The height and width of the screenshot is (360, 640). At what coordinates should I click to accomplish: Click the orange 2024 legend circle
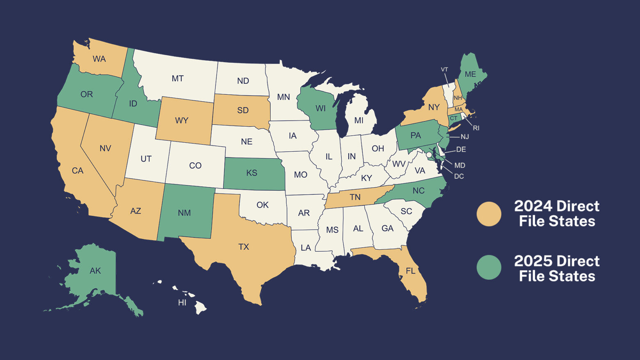pos(489,214)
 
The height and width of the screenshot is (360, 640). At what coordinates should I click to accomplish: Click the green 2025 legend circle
pos(489,267)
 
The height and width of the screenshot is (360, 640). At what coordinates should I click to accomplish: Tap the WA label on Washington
pos(99,59)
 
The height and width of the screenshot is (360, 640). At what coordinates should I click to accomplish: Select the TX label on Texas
pos(244,247)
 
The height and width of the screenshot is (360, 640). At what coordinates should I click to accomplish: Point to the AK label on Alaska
pos(95,271)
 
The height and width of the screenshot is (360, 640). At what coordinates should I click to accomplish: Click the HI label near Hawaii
pos(182,303)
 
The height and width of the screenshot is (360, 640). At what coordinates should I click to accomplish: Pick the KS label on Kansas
pos(251,173)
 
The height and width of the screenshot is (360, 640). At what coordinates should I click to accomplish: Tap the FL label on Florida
pos(410,271)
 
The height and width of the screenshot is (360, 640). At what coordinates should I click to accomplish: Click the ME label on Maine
pos(470,74)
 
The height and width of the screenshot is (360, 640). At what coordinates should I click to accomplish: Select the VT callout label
pos(444,69)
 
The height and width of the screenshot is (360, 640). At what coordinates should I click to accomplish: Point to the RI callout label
pos(476,128)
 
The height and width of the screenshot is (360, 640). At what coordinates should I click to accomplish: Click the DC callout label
pos(459,176)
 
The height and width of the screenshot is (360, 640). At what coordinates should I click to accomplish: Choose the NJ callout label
pos(464,137)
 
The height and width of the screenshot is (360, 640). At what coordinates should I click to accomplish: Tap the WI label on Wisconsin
pos(320,108)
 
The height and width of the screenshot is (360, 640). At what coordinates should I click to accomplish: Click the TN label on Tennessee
pos(355,197)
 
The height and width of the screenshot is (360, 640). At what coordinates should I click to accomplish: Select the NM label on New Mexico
pos(184,213)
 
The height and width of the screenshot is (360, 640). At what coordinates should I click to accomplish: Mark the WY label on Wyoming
pos(182,121)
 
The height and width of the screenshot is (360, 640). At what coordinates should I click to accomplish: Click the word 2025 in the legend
pos(532,261)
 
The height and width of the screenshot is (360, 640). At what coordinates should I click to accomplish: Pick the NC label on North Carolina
pos(418,191)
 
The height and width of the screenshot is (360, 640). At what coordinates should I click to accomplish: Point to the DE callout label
pos(461,149)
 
